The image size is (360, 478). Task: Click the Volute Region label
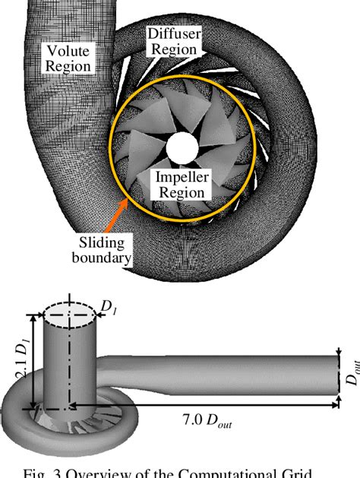click(68, 58)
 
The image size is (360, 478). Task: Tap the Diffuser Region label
click(175, 40)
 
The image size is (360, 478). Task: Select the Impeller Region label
click(180, 185)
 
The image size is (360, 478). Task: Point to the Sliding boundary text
click(107, 252)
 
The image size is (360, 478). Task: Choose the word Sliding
click(107, 244)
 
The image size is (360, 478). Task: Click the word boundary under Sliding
click(107, 259)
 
